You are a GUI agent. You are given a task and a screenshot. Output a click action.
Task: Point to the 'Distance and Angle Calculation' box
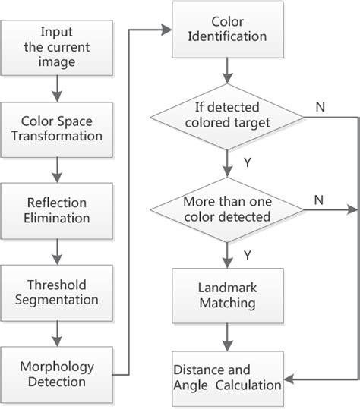point(226,377)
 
